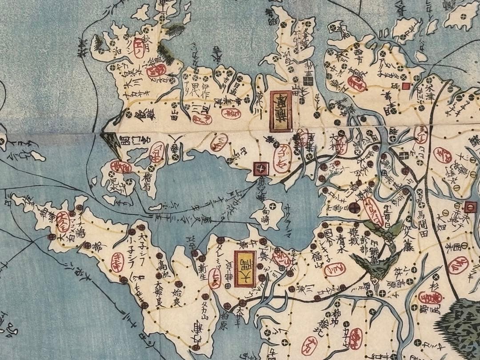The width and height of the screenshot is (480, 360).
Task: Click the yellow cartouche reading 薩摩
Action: pyautogui.click(x=281, y=112)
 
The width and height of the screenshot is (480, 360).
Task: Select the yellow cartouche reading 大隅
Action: pyautogui.click(x=245, y=269)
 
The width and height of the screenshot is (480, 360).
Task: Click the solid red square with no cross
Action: pyautogui.click(x=405, y=86)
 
